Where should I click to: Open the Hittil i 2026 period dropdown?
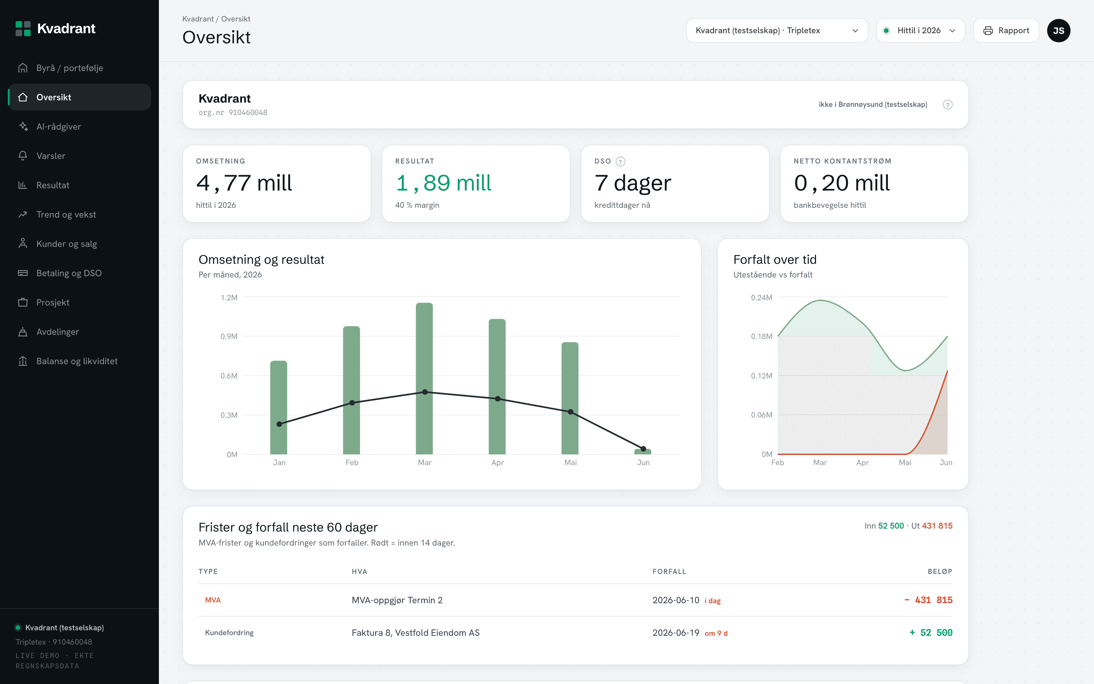(x=920, y=30)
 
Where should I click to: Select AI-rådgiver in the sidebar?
(x=59, y=127)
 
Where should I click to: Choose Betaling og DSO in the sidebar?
(x=69, y=273)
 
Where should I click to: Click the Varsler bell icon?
(x=22, y=156)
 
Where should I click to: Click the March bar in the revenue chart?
(x=424, y=378)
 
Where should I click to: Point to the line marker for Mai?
(x=570, y=412)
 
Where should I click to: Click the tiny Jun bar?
(x=643, y=451)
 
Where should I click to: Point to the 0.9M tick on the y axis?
(x=229, y=336)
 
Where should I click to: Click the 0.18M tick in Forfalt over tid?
(x=762, y=336)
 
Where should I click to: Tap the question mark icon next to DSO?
(x=621, y=162)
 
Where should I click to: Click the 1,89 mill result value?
(x=443, y=183)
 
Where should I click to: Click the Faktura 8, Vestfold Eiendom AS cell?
(x=415, y=633)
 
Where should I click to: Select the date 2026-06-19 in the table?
(x=676, y=633)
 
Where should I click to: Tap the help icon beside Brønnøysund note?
(x=947, y=105)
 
